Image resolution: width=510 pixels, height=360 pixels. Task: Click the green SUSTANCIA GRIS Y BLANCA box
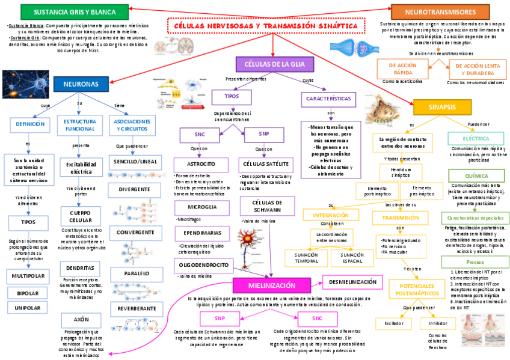(66, 11)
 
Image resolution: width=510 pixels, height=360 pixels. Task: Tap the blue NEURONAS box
(81, 84)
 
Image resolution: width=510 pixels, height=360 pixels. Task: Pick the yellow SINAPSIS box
(442, 106)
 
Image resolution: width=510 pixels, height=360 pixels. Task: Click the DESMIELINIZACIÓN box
(353, 282)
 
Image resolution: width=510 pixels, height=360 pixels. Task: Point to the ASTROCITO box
(202, 164)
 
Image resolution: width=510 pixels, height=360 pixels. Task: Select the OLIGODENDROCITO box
(203, 264)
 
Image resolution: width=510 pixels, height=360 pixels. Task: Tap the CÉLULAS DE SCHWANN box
(260, 207)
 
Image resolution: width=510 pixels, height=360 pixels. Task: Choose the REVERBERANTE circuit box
(137, 308)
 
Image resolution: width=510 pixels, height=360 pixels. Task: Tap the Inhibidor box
(438, 323)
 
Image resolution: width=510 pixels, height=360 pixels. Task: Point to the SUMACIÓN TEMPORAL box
(306, 258)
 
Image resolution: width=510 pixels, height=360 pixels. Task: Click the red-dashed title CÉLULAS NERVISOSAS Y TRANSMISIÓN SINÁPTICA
(266, 26)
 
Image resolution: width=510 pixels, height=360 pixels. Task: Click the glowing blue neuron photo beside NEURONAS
(25, 84)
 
